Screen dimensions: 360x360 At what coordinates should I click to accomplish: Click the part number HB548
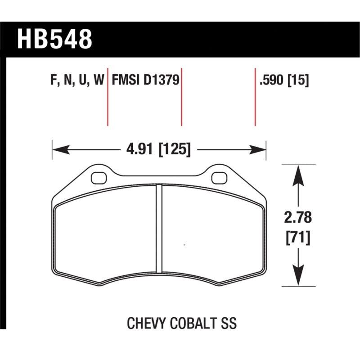pyautogui.click(x=54, y=39)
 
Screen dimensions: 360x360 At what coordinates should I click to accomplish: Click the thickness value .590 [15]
pyautogui.click(x=284, y=81)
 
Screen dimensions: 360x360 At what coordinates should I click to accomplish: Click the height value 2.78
pyautogui.click(x=298, y=218)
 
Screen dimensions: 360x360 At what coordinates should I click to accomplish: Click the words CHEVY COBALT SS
pyautogui.click(x=182, y=323)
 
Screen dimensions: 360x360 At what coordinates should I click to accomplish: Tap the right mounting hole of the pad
pyautogui.click(x=219, y=178)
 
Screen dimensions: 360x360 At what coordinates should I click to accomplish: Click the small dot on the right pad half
pyautogui.click(x=184, y=245)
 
